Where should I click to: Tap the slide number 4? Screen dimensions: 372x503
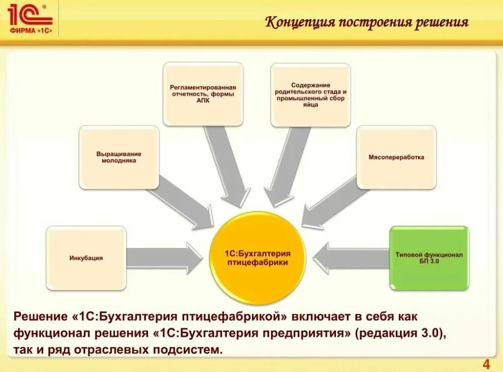[486, 364]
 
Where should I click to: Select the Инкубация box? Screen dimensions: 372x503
[86, 258]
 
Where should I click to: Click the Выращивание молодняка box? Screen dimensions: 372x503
[119, 157]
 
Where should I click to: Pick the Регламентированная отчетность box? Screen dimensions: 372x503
[203, 94]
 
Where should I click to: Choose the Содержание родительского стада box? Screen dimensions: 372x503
[310, 95]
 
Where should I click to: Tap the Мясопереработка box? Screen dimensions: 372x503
[396, 157]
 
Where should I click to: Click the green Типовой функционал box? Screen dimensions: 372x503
[429, 258]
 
